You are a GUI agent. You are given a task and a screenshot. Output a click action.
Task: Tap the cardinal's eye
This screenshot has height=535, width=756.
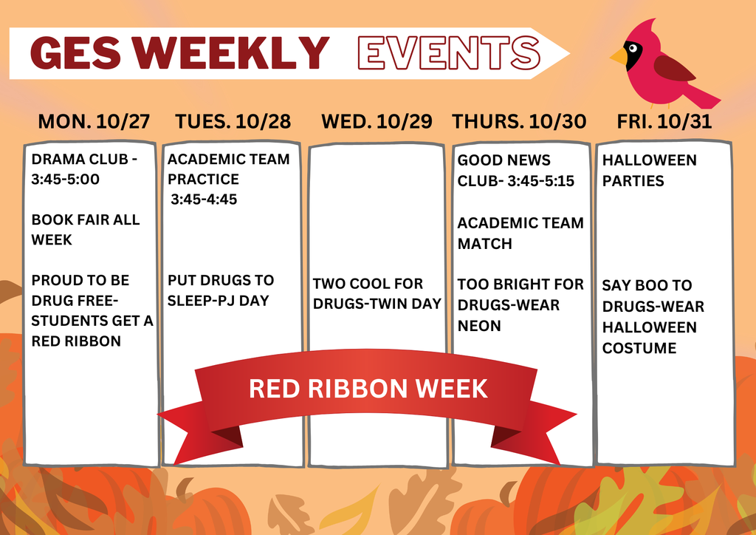tap(633, 49)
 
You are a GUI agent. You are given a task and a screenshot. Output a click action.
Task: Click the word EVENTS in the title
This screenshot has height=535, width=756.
tap(448, 52)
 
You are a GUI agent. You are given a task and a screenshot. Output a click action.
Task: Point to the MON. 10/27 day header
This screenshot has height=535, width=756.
tap(93, 122)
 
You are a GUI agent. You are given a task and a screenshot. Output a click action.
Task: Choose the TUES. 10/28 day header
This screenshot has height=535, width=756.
tap(233, 122)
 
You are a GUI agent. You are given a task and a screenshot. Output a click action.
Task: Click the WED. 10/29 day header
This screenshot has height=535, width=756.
tap(377, 122)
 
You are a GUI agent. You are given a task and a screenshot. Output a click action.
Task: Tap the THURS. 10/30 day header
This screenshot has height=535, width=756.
tap(519, 122)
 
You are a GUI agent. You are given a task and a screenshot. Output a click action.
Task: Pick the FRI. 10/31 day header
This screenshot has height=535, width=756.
tap(664, 122)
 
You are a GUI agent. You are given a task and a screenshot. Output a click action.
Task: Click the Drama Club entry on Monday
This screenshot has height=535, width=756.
tap(84, 169)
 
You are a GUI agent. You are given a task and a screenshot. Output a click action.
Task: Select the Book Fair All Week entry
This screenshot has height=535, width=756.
tap(85, 230)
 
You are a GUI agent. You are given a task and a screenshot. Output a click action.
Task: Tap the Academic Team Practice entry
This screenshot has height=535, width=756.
tap(228, 179)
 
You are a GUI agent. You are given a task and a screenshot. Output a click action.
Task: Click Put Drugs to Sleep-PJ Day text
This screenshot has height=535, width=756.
tap(221, 290)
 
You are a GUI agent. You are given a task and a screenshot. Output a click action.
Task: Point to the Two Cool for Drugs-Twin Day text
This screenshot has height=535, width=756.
tap(377, 293)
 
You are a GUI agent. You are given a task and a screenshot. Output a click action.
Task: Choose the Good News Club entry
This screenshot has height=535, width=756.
tap(515, 171)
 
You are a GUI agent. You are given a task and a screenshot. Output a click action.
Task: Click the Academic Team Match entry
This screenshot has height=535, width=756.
tap(520, 233)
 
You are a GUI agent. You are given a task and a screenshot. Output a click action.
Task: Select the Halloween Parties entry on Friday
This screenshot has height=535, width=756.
tap(649, 171)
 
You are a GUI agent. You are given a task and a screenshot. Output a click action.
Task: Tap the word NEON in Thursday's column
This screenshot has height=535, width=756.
tap(479, 326)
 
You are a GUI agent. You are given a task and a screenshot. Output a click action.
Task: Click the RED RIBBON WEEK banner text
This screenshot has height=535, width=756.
tap(368, 389)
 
